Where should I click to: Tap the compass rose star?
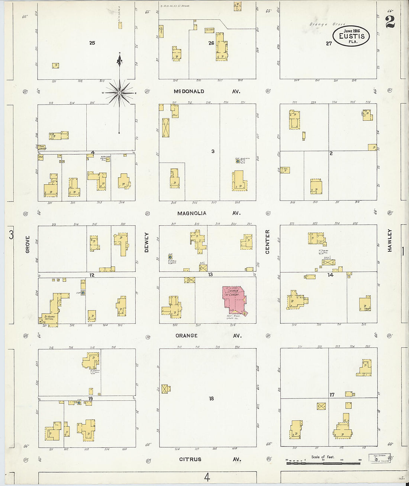(119, 92)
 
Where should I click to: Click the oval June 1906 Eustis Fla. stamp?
(351, 36)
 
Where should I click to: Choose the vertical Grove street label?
(28, 244)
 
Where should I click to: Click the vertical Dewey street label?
(146, 242)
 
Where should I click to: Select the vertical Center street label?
(267, 242)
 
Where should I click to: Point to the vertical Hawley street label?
(390, 240)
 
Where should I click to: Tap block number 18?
(211, 398)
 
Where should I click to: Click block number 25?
(92, 43)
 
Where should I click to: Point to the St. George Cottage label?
(49, 318)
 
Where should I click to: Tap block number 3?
(213, 151)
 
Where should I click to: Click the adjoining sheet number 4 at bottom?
(207, 477)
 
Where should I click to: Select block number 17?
(332, 395)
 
